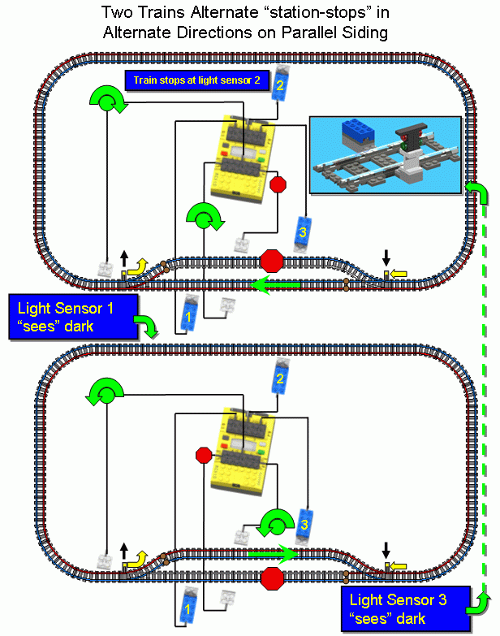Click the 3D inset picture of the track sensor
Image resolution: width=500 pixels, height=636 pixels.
[x=386, y=155]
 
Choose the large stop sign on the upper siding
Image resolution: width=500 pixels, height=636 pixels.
[x=273, y=262]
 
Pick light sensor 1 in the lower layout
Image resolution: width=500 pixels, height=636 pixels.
[x=187, y=607]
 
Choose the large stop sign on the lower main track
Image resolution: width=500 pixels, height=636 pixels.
[x=273, y=579]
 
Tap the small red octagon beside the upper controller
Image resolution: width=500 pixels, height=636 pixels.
[x=278, y=184]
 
